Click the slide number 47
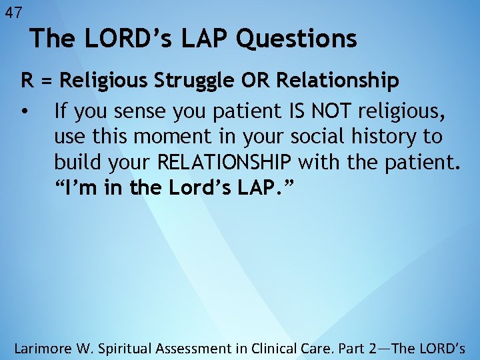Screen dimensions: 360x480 tap(13, 12)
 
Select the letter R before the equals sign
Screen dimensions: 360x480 tap(27, 81)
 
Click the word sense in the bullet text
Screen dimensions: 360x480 tap(135, 109)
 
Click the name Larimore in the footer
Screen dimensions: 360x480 tap(45, 347)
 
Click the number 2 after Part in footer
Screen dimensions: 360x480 tap(379, 347)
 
